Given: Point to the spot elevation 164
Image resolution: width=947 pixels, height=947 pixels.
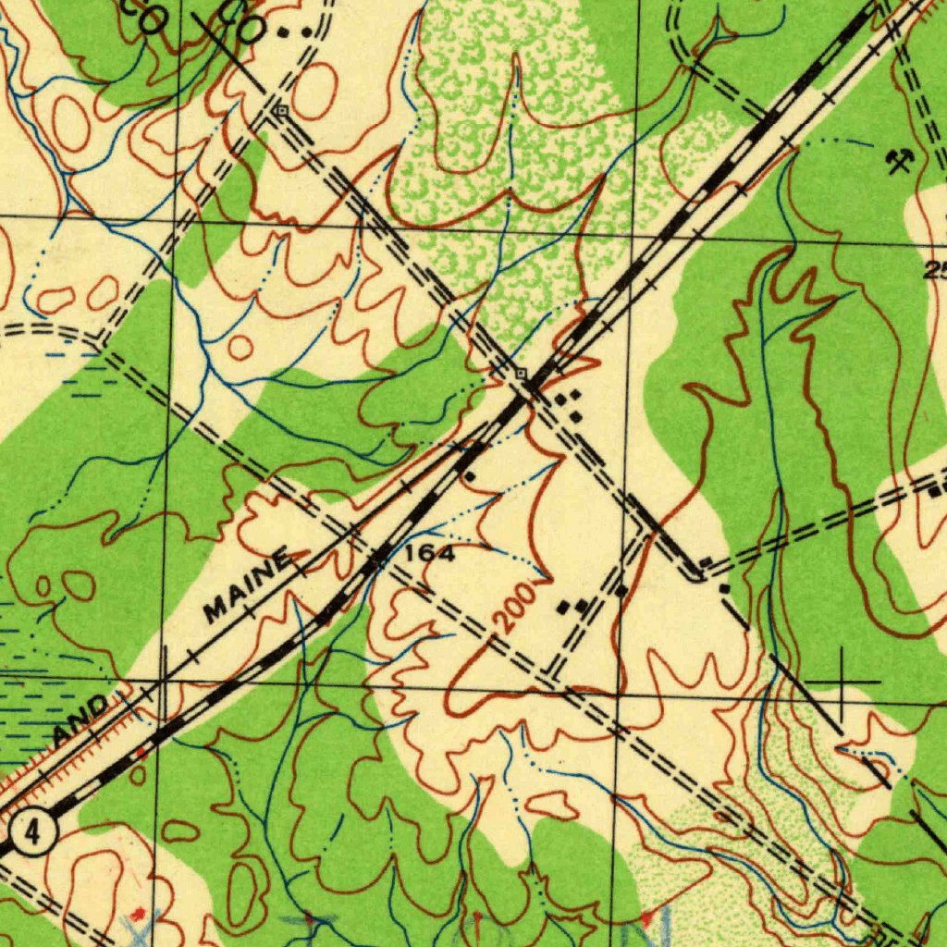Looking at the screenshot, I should click(x=430, y=554).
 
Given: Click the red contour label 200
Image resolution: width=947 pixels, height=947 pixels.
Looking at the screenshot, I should click(x=513, y=608).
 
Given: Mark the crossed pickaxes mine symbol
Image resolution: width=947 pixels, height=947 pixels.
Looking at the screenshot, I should click(x=898, y=162).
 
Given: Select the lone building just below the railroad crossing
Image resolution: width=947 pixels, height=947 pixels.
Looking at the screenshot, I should click(x=470, y=476).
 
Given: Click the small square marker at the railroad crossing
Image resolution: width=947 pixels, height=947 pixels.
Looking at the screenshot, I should click(x=522, y=373).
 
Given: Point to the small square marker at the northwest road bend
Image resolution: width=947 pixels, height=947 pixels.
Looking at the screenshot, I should click(x=281, y=110).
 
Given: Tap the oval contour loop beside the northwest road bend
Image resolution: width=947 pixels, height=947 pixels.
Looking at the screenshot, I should click(x=314, y=91).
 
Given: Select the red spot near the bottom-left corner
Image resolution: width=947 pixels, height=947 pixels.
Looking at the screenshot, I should click(x=139, y=914).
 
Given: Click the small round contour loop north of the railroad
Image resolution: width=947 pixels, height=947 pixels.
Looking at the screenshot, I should click(x=240, y=348).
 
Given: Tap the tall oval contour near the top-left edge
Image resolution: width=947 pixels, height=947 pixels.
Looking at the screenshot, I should click(x=70, y=123).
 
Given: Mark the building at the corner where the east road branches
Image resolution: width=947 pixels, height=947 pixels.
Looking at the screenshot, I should click(x=723, y=588).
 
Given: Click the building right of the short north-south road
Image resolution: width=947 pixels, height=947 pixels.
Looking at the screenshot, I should click(x=621, y=589).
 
